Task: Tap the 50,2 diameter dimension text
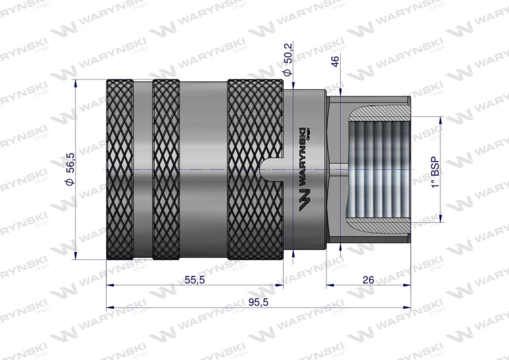point(288,52)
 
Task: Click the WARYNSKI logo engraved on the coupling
point(304,170)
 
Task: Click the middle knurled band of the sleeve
point(166,169)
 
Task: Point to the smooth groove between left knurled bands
point(143,169)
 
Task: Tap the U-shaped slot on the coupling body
point(271,169)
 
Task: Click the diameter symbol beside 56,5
point(70,187)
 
